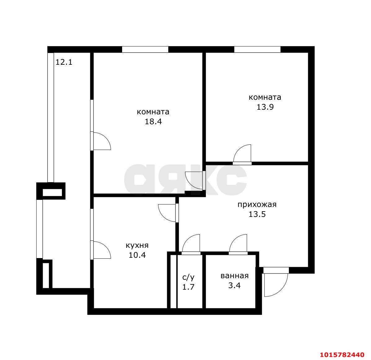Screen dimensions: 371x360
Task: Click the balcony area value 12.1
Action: pos(64,62)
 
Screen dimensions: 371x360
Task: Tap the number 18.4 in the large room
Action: pos(153,121)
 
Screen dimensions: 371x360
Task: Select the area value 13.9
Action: pos(265,107)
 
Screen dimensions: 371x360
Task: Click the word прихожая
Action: pos(257,204)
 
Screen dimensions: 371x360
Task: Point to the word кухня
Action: pos(137,245)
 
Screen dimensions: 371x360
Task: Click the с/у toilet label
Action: pos(188,277)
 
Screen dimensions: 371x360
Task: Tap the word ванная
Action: pos(235,276)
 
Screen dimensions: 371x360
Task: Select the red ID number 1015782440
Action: pos(342,354)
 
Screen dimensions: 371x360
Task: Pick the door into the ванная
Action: pos(238,244)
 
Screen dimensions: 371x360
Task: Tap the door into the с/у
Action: pos(191,244)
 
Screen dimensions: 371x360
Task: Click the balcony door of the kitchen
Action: pos(101,250)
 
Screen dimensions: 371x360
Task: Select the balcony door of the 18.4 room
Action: pos(101,141)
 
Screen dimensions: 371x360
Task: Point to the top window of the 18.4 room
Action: pos(145,50)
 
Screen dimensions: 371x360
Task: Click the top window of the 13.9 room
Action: pos(257,50)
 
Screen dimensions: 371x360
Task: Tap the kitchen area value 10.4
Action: pos(137,255)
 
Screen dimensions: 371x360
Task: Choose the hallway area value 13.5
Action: pos(257,214)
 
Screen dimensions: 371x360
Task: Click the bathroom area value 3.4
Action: pos(235,286)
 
